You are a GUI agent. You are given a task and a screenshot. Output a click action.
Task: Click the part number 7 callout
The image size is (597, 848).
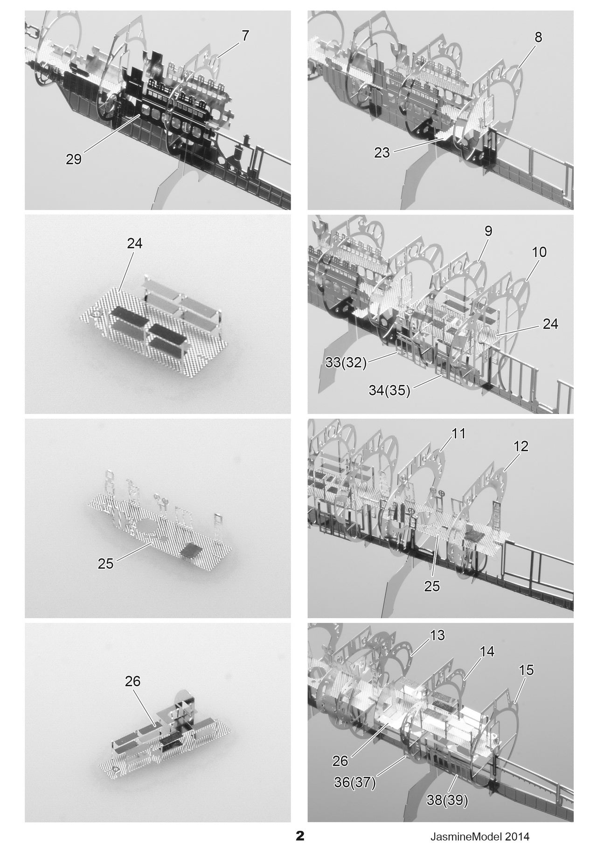246,35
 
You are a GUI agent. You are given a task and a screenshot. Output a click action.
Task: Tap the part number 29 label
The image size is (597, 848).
74,159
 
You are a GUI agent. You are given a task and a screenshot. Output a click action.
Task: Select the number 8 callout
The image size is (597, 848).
538,37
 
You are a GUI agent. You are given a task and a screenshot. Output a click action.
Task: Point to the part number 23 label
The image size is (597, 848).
382,152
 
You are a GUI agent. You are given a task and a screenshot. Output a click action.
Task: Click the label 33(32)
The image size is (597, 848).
346,363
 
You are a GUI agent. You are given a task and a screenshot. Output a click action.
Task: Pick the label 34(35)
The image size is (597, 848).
389,391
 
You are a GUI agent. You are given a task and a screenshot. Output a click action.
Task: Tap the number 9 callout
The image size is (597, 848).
488,231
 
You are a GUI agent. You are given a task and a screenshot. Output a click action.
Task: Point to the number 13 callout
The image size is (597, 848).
437,635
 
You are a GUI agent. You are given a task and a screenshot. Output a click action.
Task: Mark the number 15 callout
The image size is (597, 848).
526,670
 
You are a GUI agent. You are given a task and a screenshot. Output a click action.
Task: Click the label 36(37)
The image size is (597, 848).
355,782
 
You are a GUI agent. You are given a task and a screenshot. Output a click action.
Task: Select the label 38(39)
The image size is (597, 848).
447,800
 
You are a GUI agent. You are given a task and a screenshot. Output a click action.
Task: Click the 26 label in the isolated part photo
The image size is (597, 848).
132,681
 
